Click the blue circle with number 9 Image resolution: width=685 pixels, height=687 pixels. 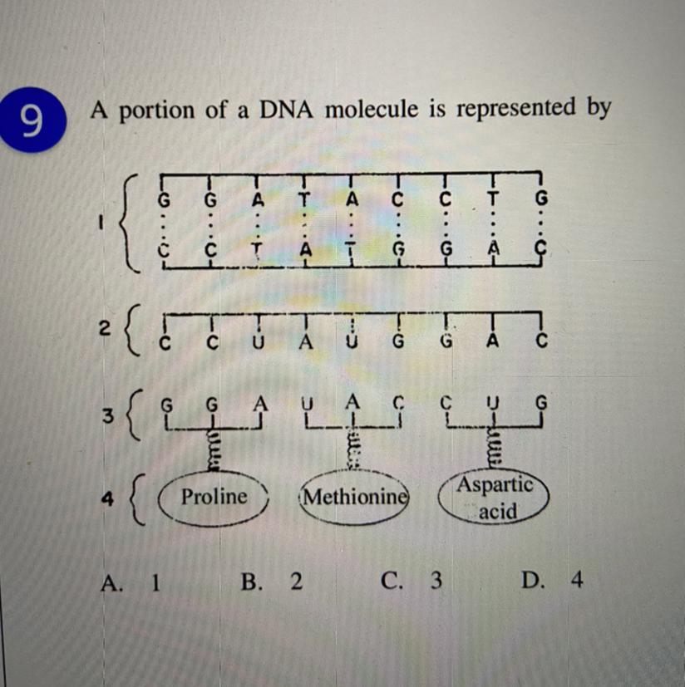pos(32,120)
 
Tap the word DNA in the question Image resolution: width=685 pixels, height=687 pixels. pos(286,110)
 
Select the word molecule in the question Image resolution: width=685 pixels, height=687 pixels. pos(372,109)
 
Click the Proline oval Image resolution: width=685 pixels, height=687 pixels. pos(213,498)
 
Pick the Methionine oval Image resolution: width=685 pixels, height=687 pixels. pos(354,498)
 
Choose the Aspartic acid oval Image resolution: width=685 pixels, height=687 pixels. pos(493,498)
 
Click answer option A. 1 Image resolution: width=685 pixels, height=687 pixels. pos(131,582)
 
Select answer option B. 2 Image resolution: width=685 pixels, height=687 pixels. pos(272,581)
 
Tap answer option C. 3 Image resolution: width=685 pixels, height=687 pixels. pos(411,581)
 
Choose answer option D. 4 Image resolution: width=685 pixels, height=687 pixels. pos(552,580)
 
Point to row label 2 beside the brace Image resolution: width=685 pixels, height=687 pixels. pos(104,328)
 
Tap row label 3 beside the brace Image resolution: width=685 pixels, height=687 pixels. pos(108,415)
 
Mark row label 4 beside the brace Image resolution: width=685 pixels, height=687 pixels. pos(107,498)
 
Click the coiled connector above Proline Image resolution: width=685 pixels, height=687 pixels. pos(213,450)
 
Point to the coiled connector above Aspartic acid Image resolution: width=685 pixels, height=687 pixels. pos(494,449)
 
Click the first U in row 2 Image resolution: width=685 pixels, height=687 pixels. pos(259,342)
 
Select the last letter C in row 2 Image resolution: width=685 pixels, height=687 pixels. pos(541,340)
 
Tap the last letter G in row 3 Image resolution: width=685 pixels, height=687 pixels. pos(541,402)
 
